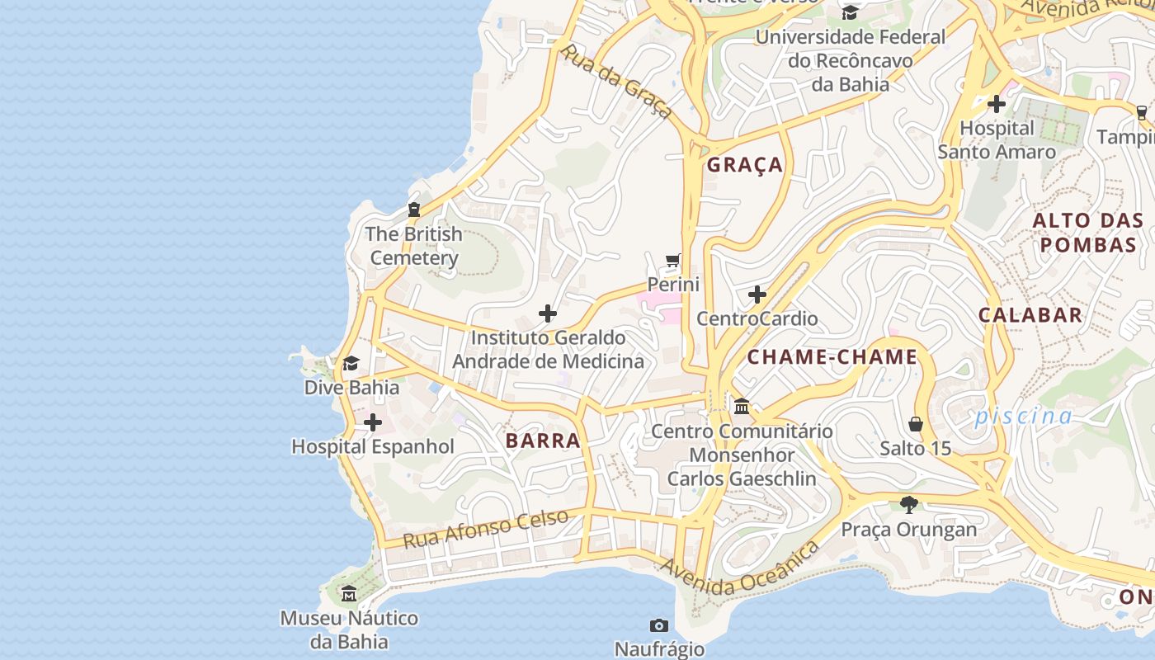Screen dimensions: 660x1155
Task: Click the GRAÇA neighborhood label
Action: pos(744,165)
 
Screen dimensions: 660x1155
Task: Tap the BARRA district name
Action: pos(543,441)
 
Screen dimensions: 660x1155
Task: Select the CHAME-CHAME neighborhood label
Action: pos(832,357)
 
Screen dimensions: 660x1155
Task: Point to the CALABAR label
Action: pos(1030,314)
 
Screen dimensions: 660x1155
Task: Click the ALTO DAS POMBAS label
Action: pos(1087,233)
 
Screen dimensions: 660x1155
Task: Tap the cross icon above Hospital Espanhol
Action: pos(373,422)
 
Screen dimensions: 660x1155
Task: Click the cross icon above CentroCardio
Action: pos(757,295)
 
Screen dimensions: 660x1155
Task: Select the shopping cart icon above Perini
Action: pos(673,261)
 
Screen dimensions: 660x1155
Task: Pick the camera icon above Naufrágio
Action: pos(658,625)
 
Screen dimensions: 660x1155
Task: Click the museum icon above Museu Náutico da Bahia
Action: pos(349,594)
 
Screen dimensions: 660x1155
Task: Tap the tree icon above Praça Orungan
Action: pos(908,504)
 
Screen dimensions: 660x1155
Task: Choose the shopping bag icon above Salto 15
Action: pos(915,424)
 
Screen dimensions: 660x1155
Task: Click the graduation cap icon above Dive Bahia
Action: pos(351,364)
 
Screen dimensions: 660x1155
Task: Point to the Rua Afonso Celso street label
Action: pos(486,529)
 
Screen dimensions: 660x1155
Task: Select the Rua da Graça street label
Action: pos(615,82)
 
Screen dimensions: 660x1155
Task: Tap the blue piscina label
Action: pos(1023,416)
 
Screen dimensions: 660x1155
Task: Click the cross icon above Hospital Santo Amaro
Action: pos(996,104)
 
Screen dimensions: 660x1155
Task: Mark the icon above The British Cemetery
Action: pos(414,210)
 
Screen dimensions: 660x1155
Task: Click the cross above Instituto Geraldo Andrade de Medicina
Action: pos(548,313)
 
